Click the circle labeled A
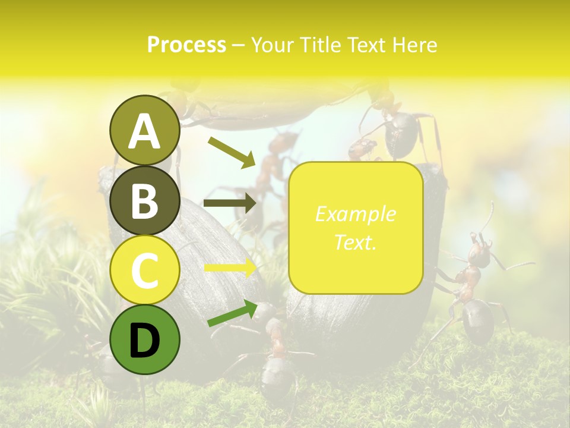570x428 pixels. tap(144, 131)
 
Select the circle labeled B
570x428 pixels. tap(144, 200)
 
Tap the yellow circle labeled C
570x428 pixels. tap(144, 270)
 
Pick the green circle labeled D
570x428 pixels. tap(144, 340)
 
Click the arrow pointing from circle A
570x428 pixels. tap(231, 152)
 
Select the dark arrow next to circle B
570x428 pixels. tap(230, 203)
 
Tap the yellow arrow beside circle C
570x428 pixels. tap(230, 268)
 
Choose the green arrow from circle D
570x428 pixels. tap(232, 313)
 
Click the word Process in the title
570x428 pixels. tap(186, 45)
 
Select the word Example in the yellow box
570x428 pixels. tap(355, 214)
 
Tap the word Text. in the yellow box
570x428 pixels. tap(355, 242)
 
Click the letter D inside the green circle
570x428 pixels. tap(144, 341)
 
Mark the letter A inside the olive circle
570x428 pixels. tap(144, 131)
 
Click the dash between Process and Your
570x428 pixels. tap(238, 45)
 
